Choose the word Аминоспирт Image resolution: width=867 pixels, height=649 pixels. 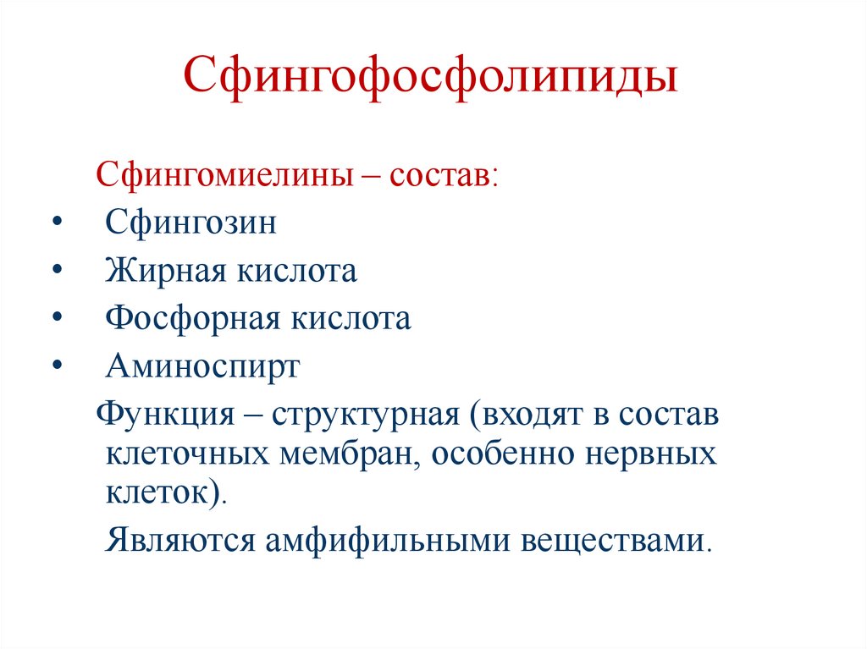point(202,367)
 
